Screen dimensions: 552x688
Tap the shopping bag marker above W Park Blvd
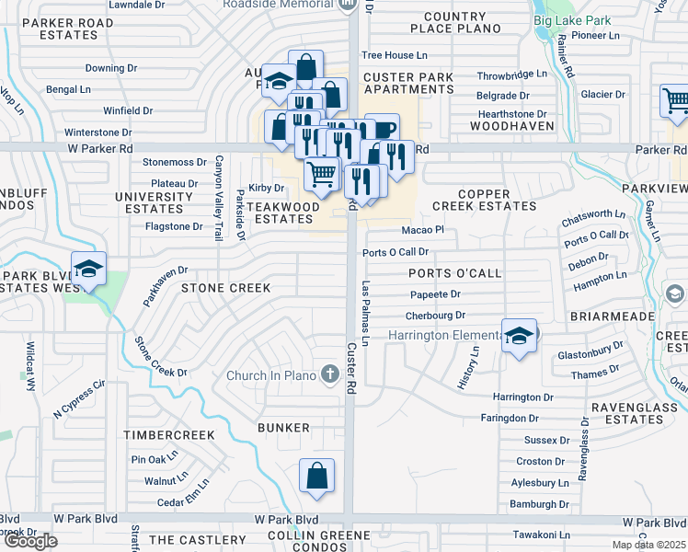click(x=315, y=476)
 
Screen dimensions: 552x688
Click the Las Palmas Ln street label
click(x=365, y=314)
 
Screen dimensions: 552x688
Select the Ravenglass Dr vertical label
click(x=583, y=450)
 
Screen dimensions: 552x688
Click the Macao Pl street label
click(x=422, y=230)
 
